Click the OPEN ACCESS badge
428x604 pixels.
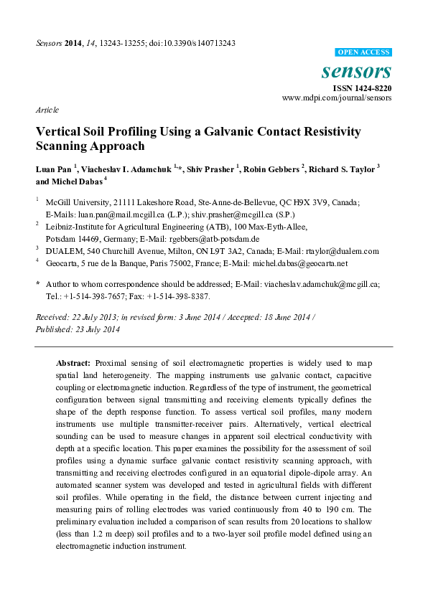pos(364,52)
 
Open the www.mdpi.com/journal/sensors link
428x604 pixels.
pos(337,98)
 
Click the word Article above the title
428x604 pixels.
pos(47,110)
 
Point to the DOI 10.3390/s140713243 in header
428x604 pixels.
pos(198,43)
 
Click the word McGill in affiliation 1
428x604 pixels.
pos(60,203)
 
